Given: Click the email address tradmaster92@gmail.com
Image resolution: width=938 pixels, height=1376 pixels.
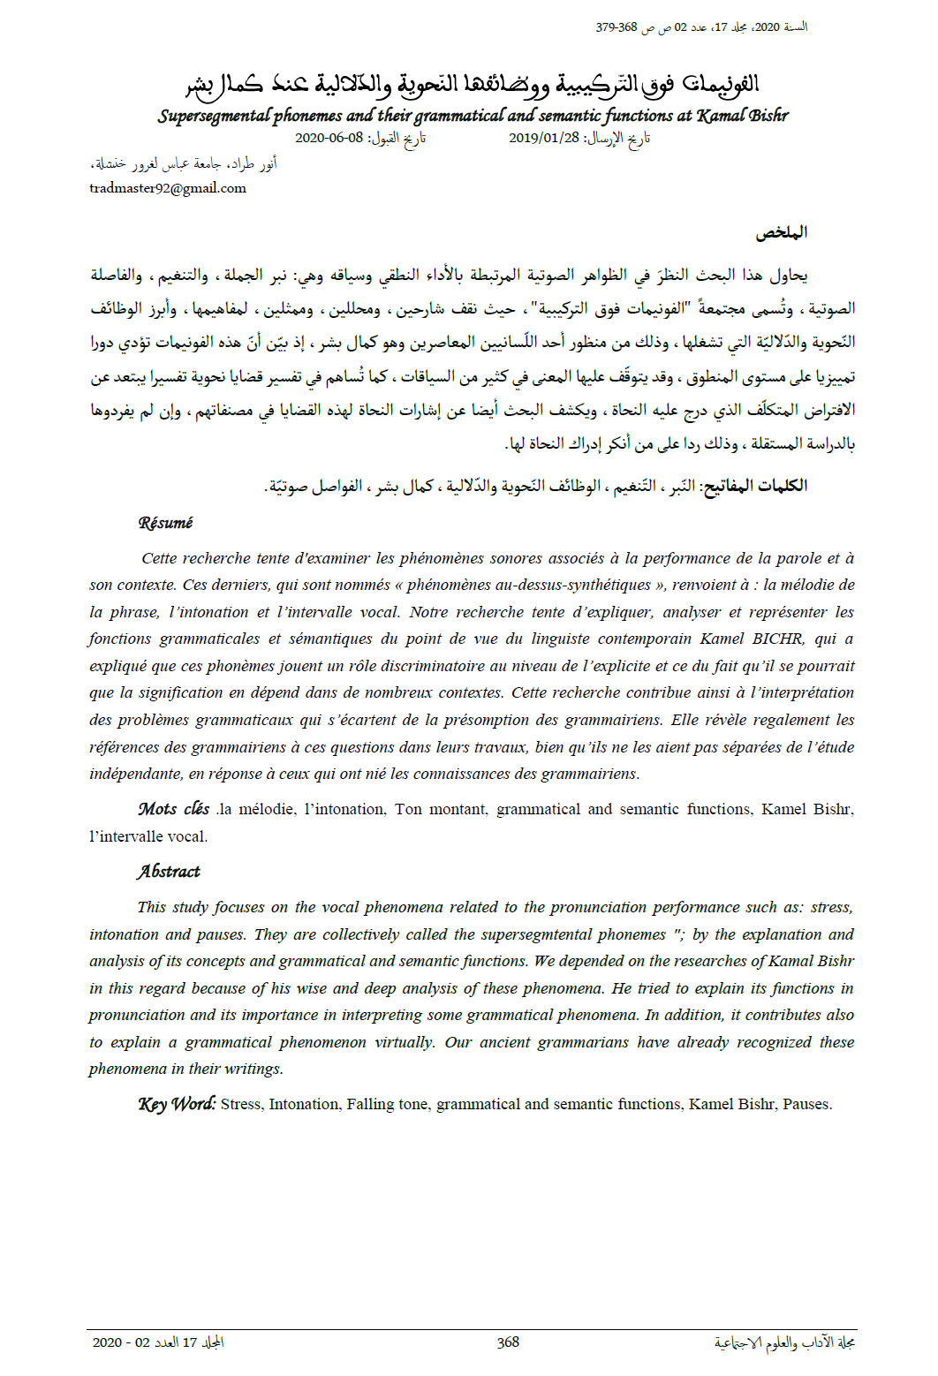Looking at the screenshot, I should point(168,188).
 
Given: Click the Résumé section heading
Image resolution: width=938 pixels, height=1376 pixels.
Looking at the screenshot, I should point(165,523).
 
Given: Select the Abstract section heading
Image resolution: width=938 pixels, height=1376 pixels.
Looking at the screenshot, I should point(169,872).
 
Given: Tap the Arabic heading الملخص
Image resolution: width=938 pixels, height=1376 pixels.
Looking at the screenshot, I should point(781,233).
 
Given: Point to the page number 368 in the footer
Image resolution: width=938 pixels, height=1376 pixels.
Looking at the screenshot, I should point(508,1342).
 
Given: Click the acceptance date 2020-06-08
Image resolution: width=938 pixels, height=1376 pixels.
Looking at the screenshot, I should point(329,138).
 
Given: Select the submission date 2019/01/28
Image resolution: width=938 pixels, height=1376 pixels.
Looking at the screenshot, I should point(544,138).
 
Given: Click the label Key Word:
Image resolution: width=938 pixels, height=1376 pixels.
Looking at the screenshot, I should point(177,1104).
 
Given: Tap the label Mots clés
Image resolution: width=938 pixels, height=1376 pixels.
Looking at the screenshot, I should point(174,809).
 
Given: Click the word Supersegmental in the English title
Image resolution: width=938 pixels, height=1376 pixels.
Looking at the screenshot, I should point(215,116).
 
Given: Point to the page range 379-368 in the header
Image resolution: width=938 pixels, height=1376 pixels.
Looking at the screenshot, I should point(617,27).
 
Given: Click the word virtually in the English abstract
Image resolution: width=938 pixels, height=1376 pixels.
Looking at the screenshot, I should point(405,1042).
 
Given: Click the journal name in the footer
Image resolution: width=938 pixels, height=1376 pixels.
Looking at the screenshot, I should point(784,1342).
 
